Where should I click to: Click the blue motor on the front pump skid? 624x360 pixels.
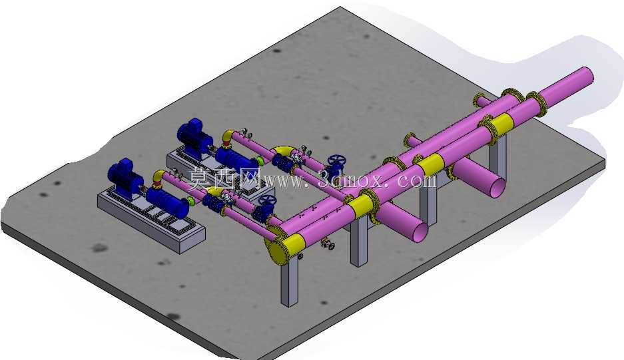(x=124, y=176)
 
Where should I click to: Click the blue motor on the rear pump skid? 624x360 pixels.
(x=194, y=135)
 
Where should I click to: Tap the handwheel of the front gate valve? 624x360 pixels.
(x=266, y=201)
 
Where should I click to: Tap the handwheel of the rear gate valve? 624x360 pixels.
(x=337, y=161)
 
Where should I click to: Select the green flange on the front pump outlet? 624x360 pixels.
(x=190, y=200)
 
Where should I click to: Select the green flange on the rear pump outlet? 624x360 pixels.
(x=260, y=161)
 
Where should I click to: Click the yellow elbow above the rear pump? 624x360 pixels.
(x=228, y=136)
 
